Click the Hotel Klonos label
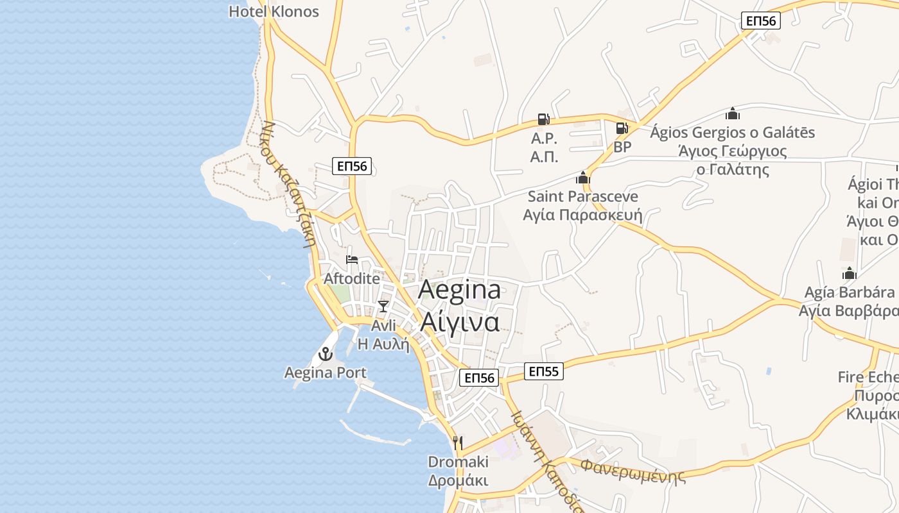pos(274,12)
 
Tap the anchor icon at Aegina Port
pos(326,353)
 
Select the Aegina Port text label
pos(326,373)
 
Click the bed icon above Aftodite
pos(352,260)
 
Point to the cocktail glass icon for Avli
pos(383,306)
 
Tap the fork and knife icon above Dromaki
pos(458,442)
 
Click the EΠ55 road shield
pos(543,371)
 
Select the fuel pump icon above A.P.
pos(543,119)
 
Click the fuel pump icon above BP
pos(622,128)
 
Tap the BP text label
pos(622,147)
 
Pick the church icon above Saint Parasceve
pos(583,178)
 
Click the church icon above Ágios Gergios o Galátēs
pos(733,114)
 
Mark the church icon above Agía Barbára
pos(850,274)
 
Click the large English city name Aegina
pos(459,289)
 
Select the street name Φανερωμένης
pos(633,470)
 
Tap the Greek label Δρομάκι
pos(458,480)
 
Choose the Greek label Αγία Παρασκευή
pos(582,215)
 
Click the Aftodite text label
pos(351,279)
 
